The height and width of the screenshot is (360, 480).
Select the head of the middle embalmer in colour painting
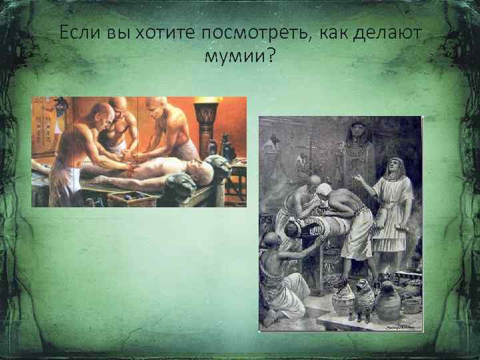119,107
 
